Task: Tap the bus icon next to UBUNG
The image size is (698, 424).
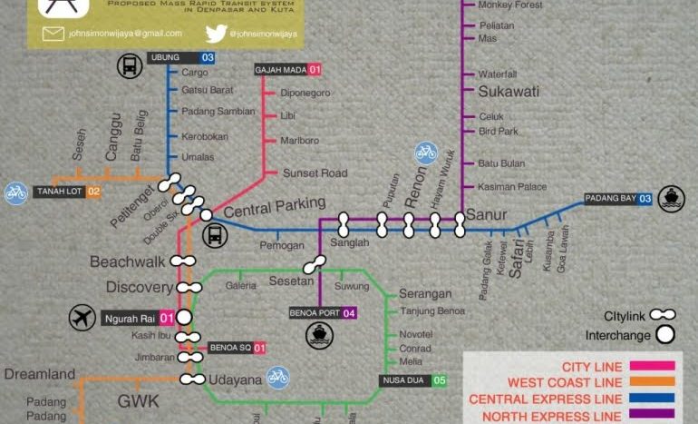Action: tap(129, 65)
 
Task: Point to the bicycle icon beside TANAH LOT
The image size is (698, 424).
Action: tap(15, 192)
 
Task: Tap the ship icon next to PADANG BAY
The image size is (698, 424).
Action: tap(672, 197)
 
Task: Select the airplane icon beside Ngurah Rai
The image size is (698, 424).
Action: tap(82, 318)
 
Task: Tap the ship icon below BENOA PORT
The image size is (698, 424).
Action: tap(319, 337)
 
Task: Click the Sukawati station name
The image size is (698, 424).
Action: tap(508, 91)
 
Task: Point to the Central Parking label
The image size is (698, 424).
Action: tap(274, 207)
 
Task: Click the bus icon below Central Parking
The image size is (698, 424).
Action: tap(215, 235)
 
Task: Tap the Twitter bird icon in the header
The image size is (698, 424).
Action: tap(215, 34)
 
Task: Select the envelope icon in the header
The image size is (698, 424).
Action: tap(53, 34)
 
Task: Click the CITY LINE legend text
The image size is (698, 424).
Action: tap(592, 367)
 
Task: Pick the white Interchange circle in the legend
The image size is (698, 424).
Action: tap(666, 334)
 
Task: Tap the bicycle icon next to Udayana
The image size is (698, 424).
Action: tap(277, 375)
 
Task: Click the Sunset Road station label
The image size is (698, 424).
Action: tap(315, 173)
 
